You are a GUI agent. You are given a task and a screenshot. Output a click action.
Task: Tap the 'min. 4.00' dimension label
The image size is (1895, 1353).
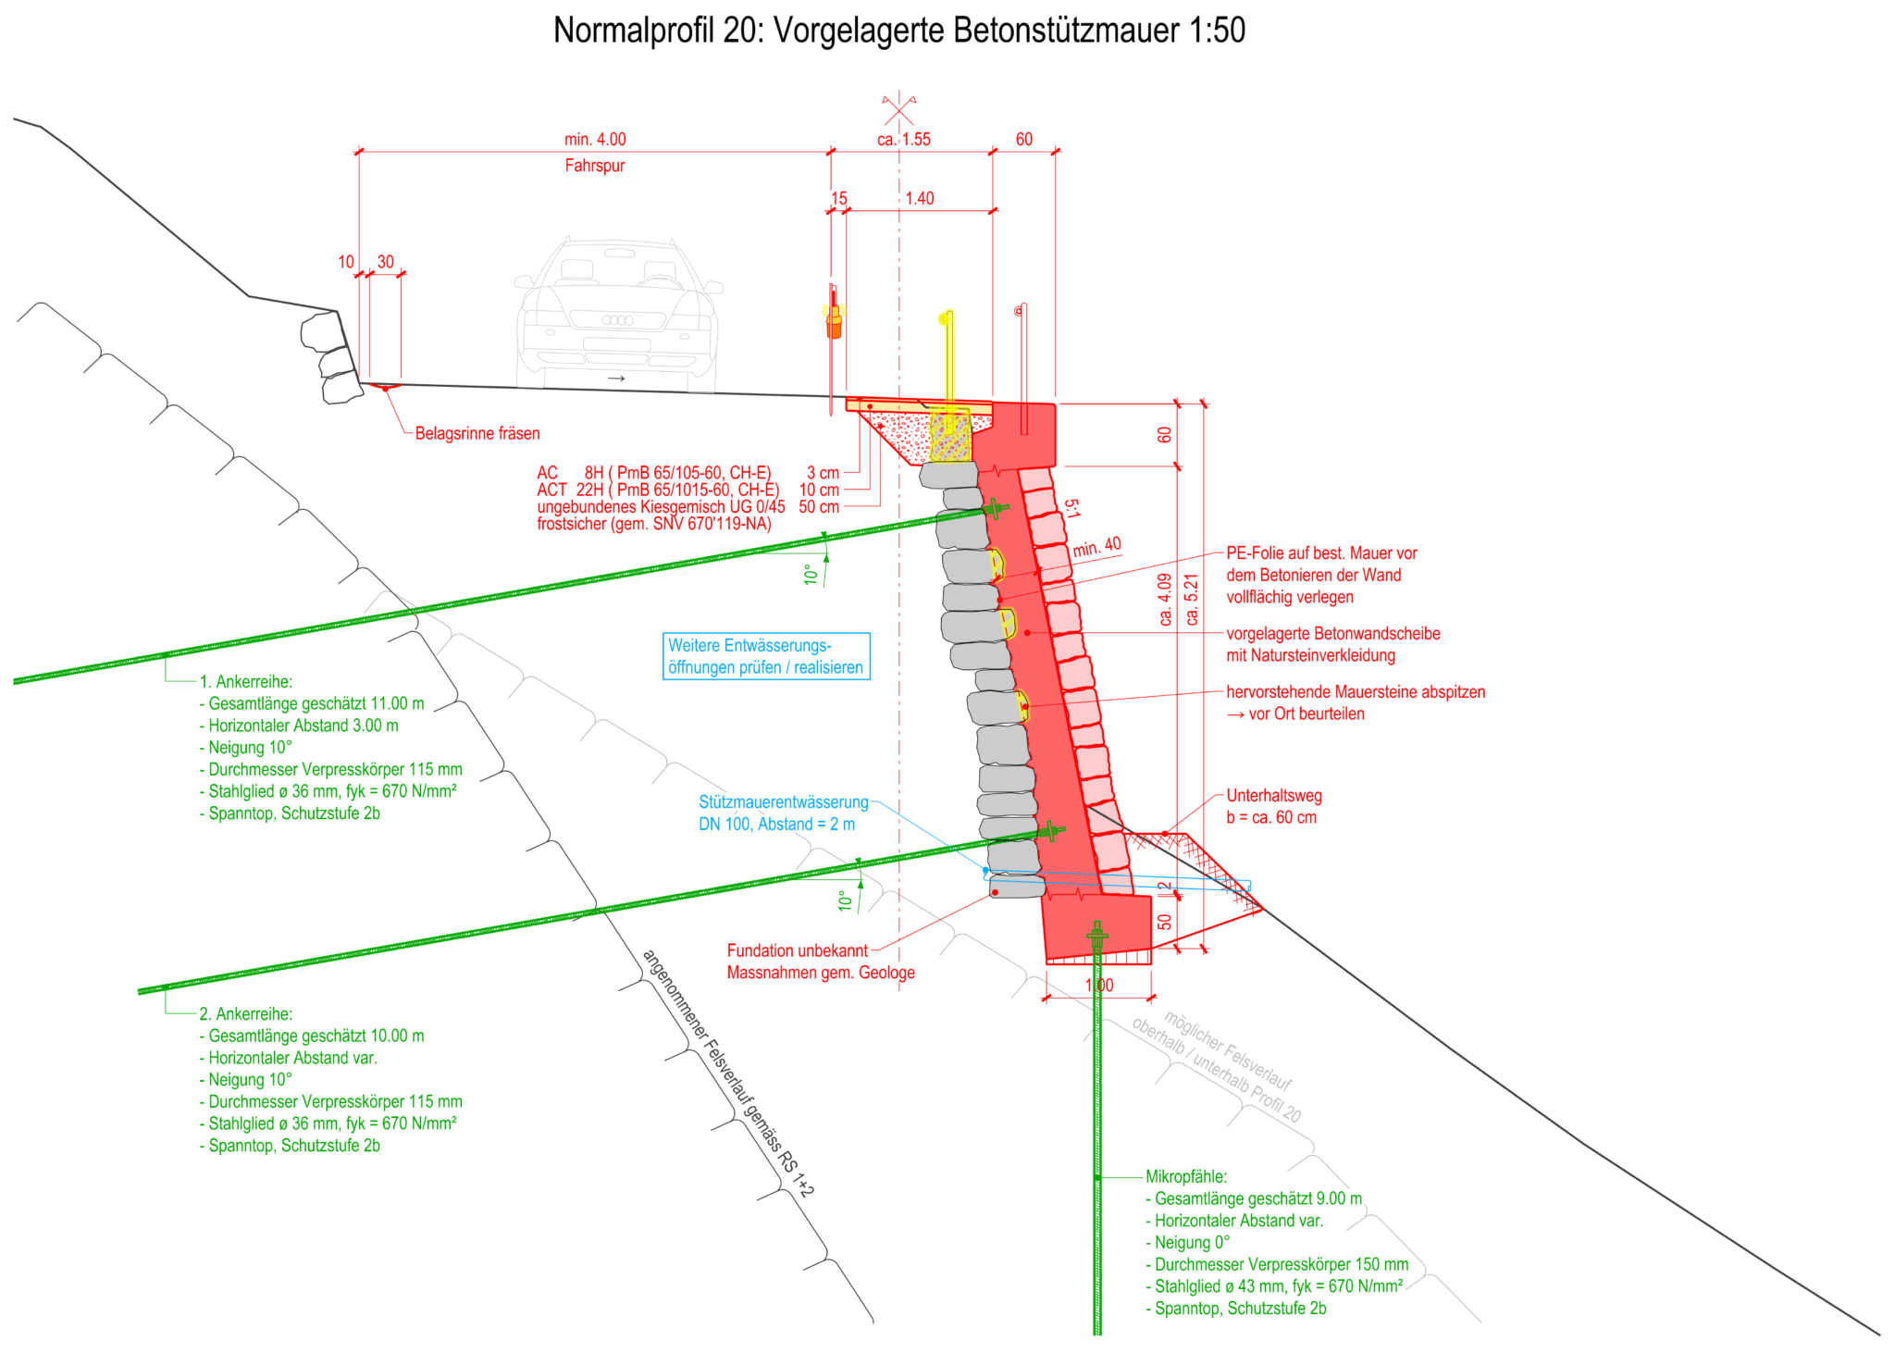point(595,140)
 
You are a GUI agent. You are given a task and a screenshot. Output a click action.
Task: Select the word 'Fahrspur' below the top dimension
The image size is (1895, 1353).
point(595,166)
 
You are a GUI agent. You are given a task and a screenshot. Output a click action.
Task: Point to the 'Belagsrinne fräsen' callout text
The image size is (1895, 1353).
point(477,433)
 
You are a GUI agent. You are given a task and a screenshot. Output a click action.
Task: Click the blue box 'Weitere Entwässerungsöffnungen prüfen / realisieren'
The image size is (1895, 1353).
point(766,656)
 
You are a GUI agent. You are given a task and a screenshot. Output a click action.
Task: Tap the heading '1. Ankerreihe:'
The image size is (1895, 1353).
point(246,682)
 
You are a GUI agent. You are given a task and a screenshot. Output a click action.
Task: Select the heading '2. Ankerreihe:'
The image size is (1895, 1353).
point(246,1014)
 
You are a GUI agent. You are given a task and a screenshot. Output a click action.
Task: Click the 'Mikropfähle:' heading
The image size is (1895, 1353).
point(1186,1177)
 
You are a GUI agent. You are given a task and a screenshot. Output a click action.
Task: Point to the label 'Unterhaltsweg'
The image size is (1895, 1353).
point(1274,796)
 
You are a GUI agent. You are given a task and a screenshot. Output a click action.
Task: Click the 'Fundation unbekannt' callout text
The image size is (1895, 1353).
point(798,950)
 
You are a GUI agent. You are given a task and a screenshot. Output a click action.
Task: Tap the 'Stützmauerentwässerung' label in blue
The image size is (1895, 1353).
point(784,802)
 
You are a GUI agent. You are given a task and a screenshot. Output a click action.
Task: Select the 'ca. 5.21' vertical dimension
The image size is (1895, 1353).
point(1192,600)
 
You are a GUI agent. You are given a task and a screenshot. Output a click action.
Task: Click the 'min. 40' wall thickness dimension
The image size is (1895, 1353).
point(1096,547)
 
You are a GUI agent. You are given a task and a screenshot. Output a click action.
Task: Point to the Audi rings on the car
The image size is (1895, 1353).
point(617,320)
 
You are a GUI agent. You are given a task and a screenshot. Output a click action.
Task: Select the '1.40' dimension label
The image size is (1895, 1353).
point(920,199)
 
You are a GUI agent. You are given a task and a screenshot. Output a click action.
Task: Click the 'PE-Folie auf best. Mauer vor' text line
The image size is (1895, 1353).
point(1321,553)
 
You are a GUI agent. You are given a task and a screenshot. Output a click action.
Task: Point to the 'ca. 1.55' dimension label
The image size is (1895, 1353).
point(904,140)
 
